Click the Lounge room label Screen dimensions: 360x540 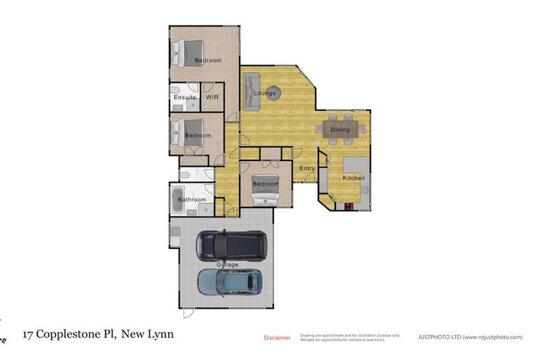tap(265, 94)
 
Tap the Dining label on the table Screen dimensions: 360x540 tap(340, 129)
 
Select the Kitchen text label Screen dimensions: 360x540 tap(353, 179)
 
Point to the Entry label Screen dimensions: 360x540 tap(307, 169)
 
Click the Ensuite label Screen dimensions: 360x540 tap(184, 97)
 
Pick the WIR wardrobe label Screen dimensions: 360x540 tap(213, 97)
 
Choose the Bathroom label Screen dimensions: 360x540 tap(192, 200)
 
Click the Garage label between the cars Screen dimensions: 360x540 tap(226, 265)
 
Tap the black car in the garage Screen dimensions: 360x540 tap(231, 245)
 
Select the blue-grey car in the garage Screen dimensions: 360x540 tap(229, 283)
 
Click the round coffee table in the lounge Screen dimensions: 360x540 tap(274, 92)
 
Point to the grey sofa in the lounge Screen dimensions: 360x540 tap(251, 91)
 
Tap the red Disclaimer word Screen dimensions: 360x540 tap(277, 337)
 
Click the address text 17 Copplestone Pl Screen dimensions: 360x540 tap(70, 334)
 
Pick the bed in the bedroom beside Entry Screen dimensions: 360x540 tap(266, 188)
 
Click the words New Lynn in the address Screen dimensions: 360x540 tap(148, 334)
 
